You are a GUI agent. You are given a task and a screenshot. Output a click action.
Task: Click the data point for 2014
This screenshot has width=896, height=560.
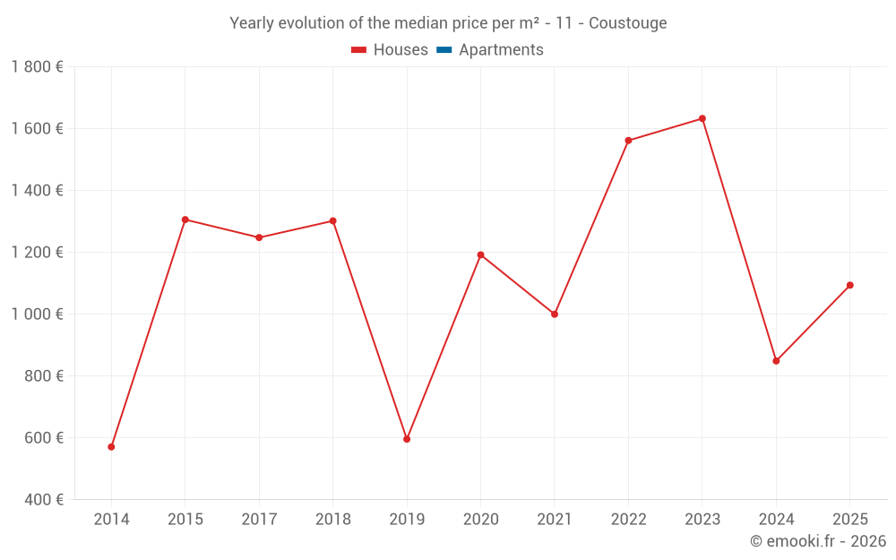[x=111, y=446]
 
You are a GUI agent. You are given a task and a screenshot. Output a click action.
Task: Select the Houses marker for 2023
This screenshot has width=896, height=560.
[x=702, y=118]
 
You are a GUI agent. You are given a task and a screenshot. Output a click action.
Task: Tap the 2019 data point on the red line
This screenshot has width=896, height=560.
[x=407, y=439]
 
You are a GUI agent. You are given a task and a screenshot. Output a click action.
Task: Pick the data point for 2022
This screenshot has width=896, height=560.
[x=628, y=141]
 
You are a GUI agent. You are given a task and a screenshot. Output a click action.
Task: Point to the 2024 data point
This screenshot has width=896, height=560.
[x=776, y=361]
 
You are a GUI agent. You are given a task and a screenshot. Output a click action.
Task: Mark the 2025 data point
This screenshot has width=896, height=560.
[x=850, y=285]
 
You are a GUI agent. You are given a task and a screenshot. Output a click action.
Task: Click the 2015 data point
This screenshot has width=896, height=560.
[x=185, y=220]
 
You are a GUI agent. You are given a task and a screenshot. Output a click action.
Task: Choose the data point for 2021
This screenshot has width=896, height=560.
[x=555, y=314]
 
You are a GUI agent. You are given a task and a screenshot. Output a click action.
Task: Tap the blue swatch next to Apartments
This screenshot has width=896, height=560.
[x=444, y=50]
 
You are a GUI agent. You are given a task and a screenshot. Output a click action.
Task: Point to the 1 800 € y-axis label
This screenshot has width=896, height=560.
[x=37, y=67]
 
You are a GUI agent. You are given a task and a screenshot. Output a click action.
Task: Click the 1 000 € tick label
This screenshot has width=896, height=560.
[x=37, y=314]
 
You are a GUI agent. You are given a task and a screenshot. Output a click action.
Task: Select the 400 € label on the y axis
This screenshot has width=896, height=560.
[x=42, y=500]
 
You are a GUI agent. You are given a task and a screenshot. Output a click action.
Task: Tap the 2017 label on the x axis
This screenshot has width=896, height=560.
[x=259, y=520]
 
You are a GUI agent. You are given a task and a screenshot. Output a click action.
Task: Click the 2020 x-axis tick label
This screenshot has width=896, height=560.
[x=480, y=520]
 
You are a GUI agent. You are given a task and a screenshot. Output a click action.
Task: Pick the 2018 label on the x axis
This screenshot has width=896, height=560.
[x=333, y=520]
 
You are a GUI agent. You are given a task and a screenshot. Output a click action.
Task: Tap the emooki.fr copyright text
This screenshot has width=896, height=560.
[x=818, y=541]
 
